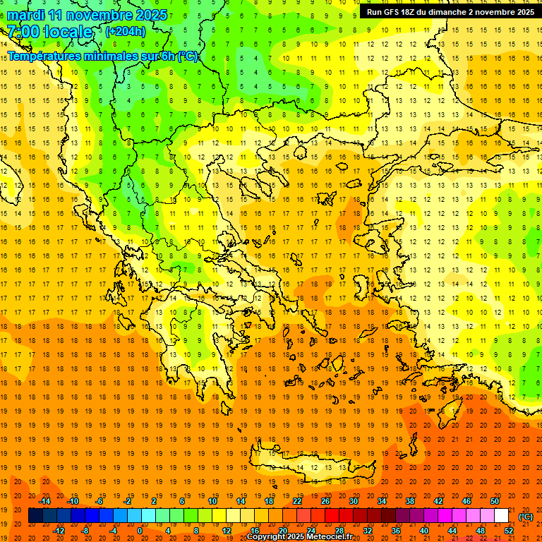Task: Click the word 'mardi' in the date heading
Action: [x=25, y=15]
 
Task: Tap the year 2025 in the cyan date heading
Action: [x=150, y=15]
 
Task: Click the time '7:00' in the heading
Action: [x=23, y=32]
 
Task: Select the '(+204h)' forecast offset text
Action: [x=126, y=31]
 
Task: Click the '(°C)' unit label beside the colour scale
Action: [x=526, y=517]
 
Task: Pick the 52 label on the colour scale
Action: [x=509, y=531]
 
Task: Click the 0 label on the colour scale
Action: [x=139, y=531]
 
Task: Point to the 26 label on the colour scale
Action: [x=325, y=501]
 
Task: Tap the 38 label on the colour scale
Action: [x=409, y=501]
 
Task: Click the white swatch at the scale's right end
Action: [x=501, y=516]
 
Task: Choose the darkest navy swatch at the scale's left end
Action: [x=36, y=516]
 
